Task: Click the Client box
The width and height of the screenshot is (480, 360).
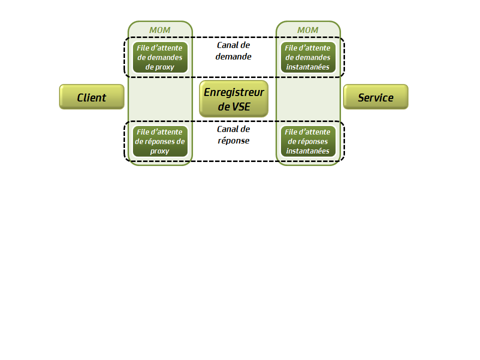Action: point(91,97)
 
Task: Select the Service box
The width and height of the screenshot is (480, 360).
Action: point(375,97)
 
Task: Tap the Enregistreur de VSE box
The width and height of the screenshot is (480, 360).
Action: point(233,98)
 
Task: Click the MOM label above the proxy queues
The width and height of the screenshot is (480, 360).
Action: point(160,30)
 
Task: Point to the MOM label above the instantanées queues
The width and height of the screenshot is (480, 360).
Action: point(307,30)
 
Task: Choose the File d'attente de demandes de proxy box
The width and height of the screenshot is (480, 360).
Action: point(160,57)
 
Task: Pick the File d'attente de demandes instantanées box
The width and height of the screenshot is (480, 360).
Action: point(307,57)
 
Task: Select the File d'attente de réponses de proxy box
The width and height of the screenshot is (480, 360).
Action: point(160,141)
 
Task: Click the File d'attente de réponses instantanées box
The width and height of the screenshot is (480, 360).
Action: point(307,141)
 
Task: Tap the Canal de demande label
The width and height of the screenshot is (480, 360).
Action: point(233,50)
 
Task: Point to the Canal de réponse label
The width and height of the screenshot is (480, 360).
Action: point(233,134)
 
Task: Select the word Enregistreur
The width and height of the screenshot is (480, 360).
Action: point(233,92)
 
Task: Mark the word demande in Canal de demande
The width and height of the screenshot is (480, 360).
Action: point(233,56)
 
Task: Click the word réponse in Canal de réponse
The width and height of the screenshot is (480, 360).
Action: point(233,140)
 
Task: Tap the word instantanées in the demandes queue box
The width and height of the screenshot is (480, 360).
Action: point(307,67)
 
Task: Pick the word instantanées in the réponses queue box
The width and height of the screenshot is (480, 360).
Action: point(307,151)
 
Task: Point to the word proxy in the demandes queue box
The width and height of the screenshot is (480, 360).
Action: point(165,67)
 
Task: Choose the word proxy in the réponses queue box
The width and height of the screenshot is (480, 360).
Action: point(160,151)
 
